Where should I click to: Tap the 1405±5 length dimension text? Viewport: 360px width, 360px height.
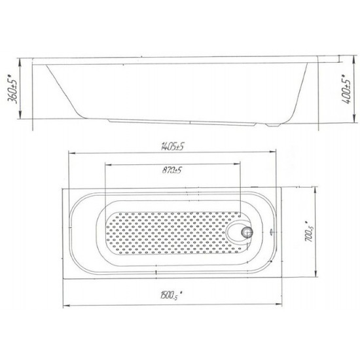172,147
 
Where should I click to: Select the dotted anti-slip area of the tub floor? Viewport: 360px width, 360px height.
170,232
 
